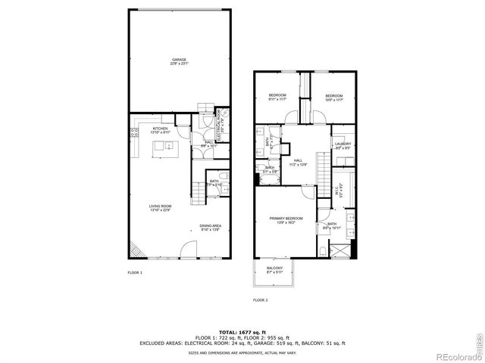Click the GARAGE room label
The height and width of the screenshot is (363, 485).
tap(179, 61)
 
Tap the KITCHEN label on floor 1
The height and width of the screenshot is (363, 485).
tap(160, 130)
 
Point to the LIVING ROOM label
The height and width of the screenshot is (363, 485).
tap(159, 208)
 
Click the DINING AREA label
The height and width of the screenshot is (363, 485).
tap(210, 227)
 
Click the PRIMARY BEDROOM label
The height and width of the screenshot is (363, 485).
tap(281, 221)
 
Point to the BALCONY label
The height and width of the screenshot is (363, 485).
tap(274, 270)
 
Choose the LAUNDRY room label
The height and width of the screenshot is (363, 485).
tap(343, 145)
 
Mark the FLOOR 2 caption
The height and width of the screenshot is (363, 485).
tap(260, 299)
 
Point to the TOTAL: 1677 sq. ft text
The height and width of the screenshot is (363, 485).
tap(242, 332)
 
